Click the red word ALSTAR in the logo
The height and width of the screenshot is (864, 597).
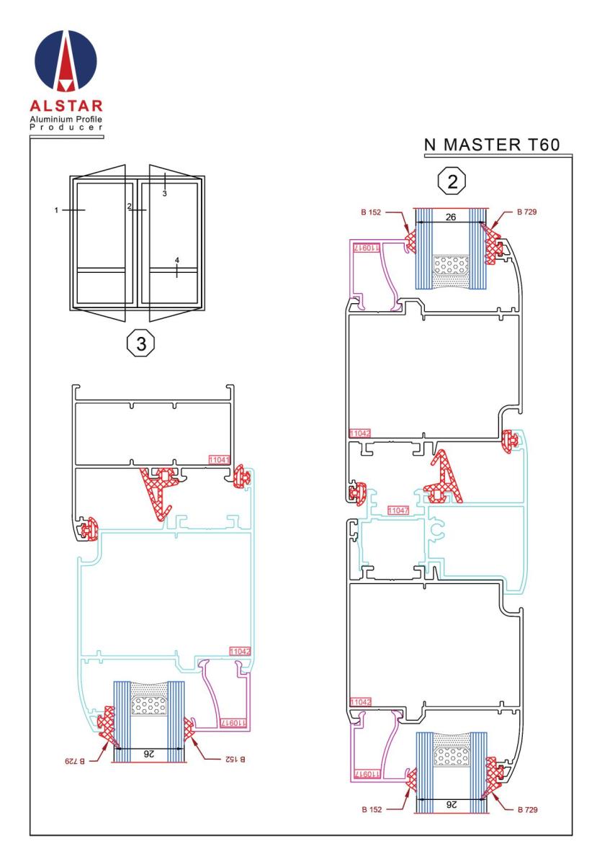point(66,106)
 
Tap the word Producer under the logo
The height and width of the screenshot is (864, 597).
point(66,127)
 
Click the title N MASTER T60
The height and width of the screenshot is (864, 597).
point(492,145)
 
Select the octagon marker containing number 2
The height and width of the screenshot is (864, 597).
point(452,181)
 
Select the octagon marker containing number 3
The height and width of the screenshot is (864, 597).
point(141,343)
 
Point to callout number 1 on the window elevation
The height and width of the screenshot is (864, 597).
point(56,210)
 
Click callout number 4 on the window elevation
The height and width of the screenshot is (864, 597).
point(176,261)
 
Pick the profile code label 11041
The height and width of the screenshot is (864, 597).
point(219,459)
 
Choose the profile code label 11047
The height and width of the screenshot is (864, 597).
point(398,510)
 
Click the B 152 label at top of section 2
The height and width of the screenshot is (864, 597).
point(371,212)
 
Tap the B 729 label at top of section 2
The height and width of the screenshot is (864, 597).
point(526,212)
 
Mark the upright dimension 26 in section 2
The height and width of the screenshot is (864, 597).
point(451,217)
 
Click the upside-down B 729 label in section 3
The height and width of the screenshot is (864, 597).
point(75,761)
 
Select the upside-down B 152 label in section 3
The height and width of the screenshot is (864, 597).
point(235,759)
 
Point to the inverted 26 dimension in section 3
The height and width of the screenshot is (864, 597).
point(149,753)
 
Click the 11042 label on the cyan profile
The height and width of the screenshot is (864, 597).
point(240,652)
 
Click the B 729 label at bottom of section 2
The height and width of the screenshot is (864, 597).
point(528,809)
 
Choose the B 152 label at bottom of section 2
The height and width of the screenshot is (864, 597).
point(372,809)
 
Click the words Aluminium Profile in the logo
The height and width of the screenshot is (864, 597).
point(66,119)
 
